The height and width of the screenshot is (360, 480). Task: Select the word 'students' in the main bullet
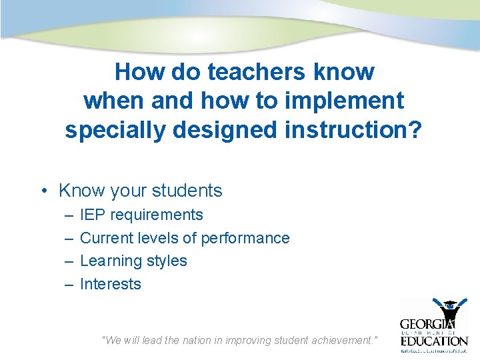pos(188,191)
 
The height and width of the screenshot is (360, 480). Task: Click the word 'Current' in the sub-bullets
pos(105,238)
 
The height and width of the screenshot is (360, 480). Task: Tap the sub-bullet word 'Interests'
pos(111,284)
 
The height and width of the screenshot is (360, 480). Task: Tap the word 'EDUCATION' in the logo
pos(434,341)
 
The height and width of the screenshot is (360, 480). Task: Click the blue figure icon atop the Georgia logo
pos(450,309)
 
